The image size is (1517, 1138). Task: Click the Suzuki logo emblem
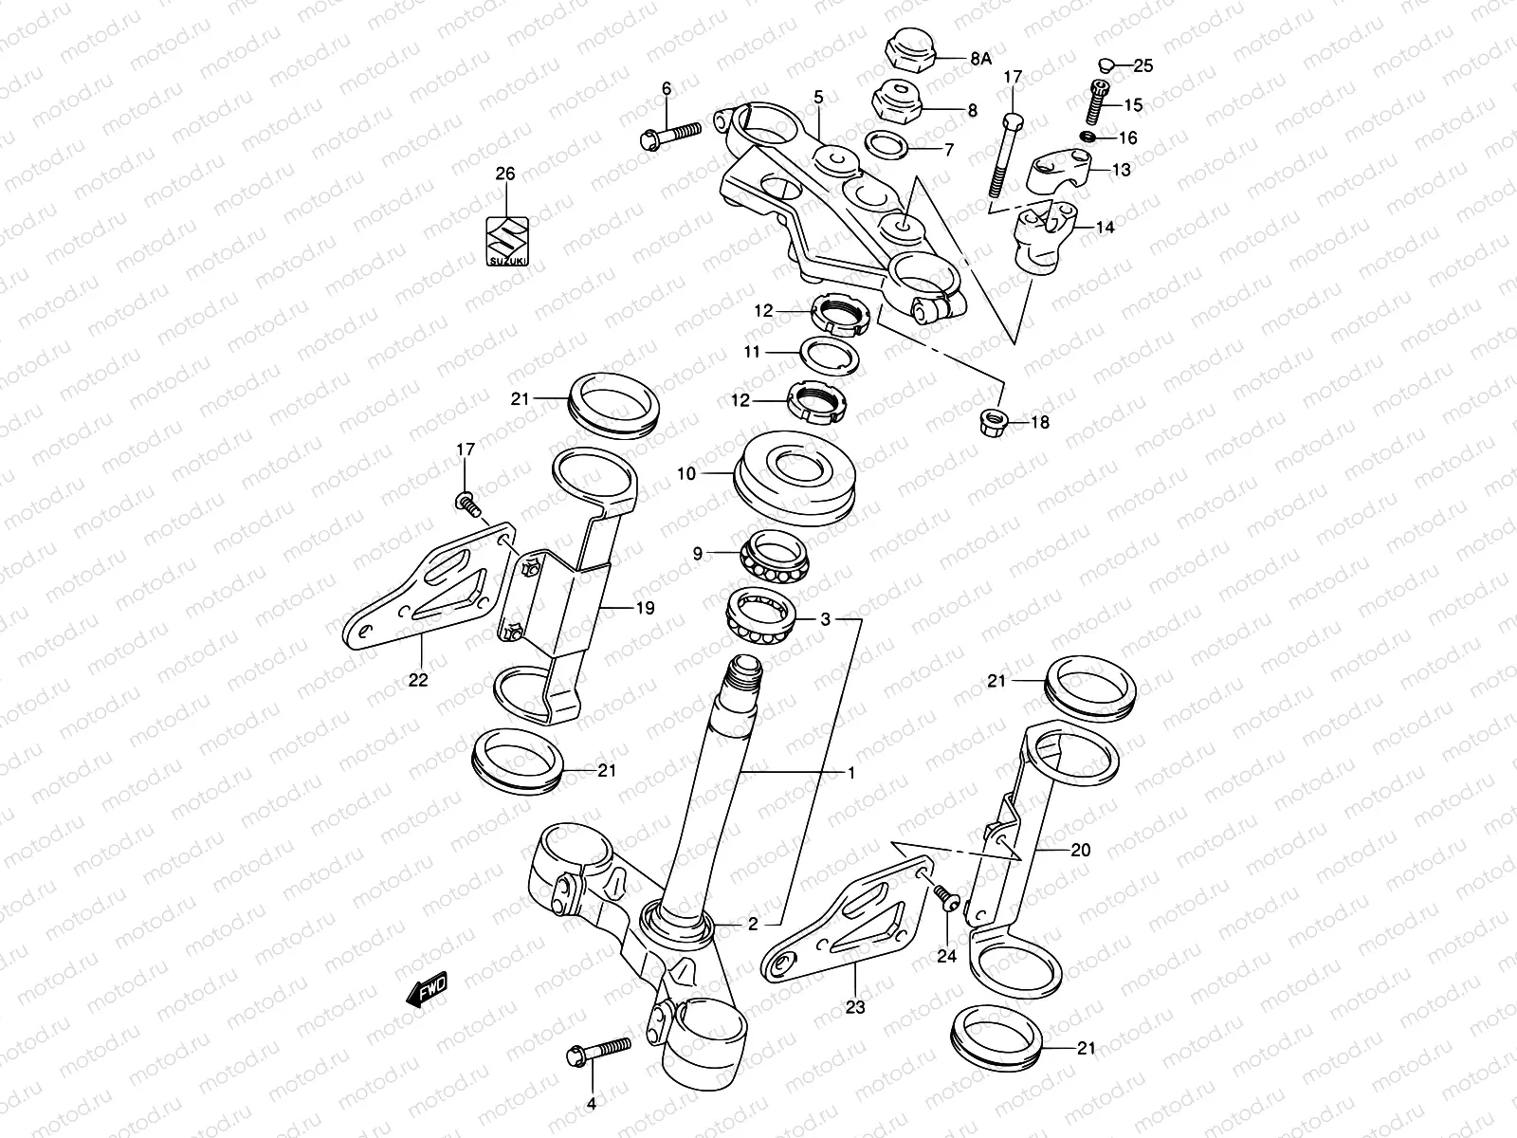505,241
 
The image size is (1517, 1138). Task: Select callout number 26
505,174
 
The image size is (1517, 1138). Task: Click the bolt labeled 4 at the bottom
597,1054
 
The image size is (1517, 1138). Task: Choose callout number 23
855,1008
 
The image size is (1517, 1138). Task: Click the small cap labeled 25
1105,65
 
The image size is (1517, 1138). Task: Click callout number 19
644,608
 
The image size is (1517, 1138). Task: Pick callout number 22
418,679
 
